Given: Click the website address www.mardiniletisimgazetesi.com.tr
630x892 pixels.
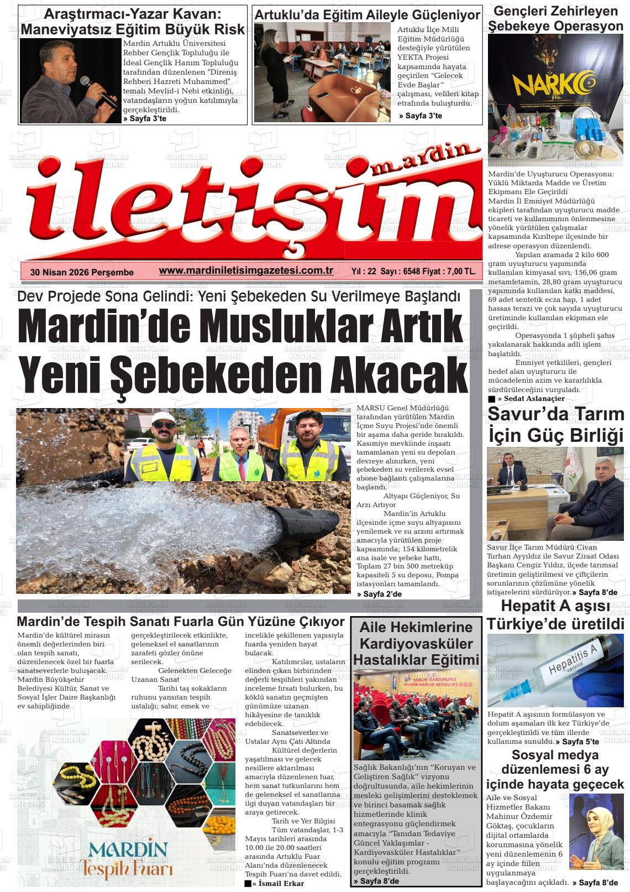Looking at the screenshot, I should point(245,270).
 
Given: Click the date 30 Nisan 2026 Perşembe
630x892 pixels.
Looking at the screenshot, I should point(82,272).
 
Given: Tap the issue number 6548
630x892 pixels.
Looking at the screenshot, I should point(413,272).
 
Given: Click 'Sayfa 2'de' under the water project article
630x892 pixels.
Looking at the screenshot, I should point(379,594).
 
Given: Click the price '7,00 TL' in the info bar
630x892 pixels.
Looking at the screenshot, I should point(461,272).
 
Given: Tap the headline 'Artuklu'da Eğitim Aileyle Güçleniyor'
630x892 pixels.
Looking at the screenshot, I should point(367,16).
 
